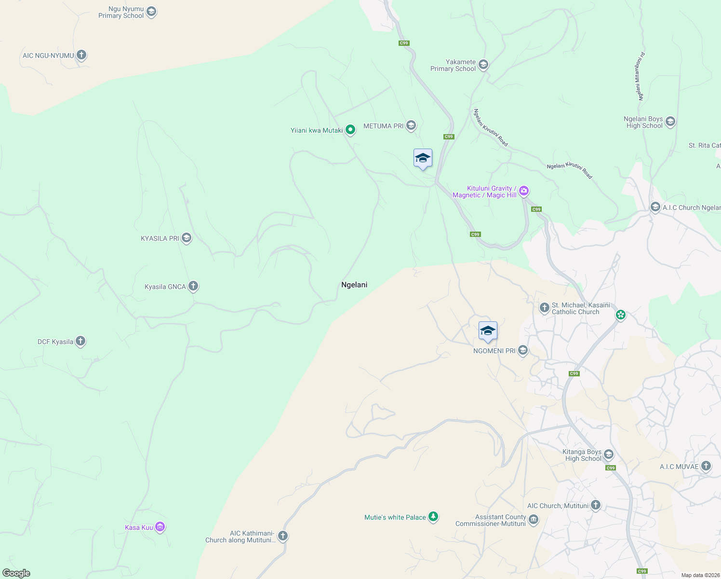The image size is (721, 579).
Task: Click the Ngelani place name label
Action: [354, 285]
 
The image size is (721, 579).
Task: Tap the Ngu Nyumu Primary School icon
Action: [151, 12]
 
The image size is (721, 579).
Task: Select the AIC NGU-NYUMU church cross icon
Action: [81, 55]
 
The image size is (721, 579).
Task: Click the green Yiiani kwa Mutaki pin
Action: [350, 130]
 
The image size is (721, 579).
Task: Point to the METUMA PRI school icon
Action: [411, 126]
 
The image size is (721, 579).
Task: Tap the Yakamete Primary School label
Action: [453, 65]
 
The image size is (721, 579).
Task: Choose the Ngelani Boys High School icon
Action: [670, 122]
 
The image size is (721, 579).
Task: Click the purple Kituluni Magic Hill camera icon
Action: [524, 191]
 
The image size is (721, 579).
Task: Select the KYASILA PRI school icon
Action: [187, 238]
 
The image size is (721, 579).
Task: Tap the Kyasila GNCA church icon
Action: [193, 286]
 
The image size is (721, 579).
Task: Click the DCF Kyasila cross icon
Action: [80, 341]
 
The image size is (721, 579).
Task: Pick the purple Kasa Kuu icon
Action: [160, 527]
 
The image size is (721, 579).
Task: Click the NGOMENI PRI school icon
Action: [522, 351]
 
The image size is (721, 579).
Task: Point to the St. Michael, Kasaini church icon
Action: [544, 308]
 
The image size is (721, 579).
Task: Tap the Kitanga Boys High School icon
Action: [609, 455]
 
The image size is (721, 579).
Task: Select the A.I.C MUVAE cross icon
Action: [706, 466]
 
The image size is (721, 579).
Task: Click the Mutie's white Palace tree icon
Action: [433, 517]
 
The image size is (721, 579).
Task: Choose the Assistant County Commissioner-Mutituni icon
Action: [533, 520]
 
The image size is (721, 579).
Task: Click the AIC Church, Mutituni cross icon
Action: [596, 505]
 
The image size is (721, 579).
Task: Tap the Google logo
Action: [16, 573]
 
